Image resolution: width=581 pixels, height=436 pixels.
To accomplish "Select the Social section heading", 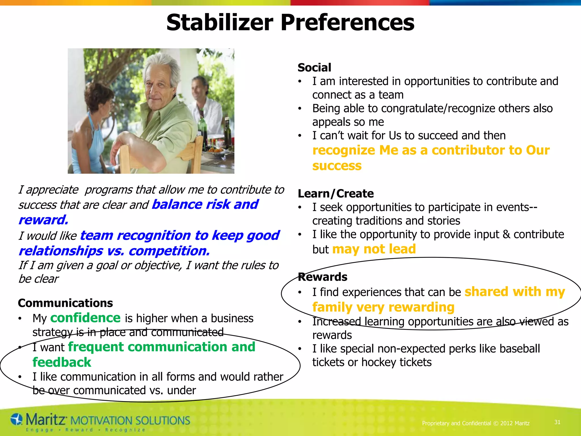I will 314,68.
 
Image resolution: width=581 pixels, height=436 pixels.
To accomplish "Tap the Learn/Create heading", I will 336,194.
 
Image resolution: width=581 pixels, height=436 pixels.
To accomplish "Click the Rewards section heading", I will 323,277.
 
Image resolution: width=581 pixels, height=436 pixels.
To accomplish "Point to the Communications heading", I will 65,303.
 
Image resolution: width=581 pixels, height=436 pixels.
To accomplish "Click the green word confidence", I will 85,318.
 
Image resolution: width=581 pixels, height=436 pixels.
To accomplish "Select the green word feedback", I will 62,362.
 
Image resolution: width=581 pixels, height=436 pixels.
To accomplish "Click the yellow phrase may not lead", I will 374,249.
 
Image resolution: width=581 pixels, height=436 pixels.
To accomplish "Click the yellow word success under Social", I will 337,165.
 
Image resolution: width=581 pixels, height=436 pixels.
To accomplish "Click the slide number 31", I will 557,422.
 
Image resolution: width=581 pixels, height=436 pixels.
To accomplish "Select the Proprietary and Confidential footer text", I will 476,423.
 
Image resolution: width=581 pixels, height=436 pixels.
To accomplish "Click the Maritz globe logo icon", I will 16,420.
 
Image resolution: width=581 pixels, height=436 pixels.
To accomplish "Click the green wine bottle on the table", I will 203,128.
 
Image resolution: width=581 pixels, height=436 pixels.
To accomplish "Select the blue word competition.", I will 169,251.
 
